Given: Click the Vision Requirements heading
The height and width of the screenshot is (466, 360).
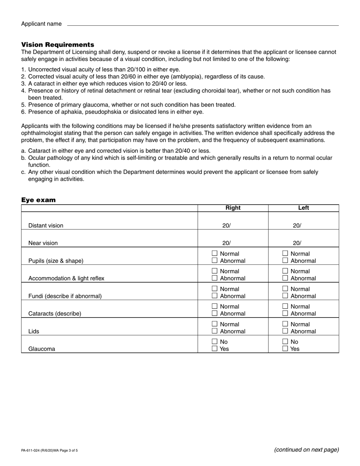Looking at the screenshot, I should point(58,45).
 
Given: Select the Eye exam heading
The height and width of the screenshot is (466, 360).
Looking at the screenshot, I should point(38,200).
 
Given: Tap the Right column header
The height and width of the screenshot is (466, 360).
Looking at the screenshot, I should point(233,208).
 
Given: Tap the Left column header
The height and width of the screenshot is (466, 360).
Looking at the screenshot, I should point(304,208).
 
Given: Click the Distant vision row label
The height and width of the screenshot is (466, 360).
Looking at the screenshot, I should point(46,225).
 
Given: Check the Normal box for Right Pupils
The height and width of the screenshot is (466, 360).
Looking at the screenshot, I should point(214,253).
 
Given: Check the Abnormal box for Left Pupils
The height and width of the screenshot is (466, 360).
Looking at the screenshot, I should point(285,261).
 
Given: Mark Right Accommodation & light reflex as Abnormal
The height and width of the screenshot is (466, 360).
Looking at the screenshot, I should point(214,278).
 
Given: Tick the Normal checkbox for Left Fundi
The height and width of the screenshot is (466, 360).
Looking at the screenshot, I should point(285,289).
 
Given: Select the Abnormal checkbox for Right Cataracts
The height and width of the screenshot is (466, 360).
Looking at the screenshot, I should point(214,313).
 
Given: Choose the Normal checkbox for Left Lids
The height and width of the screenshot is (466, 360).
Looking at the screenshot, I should point(285,324).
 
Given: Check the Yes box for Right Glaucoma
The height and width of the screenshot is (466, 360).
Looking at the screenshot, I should point(214,349).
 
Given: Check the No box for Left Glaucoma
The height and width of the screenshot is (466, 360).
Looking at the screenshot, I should point(285,342).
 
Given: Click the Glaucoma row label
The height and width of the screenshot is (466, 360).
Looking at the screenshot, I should point(42,349).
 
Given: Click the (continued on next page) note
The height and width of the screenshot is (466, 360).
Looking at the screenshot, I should point(306,450).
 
